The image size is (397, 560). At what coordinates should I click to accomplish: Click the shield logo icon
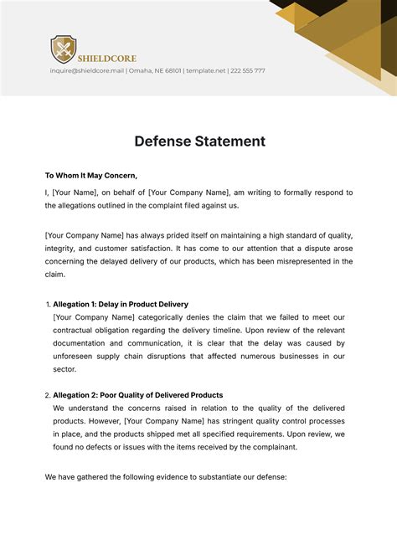point(63,49)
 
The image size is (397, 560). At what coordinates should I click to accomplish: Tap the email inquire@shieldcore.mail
point(88,71)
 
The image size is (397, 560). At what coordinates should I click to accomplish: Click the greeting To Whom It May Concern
point(90,175)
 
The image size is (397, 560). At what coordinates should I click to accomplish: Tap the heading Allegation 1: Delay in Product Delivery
point(121,304)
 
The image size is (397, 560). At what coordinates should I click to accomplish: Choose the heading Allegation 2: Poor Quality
point(138,394)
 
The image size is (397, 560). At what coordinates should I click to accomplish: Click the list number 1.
point(47,305)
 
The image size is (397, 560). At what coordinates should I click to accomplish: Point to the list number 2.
point(47,395)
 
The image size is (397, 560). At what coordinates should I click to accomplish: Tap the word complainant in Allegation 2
point(270,447)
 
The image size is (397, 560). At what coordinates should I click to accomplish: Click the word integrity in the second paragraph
point(62,248)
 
